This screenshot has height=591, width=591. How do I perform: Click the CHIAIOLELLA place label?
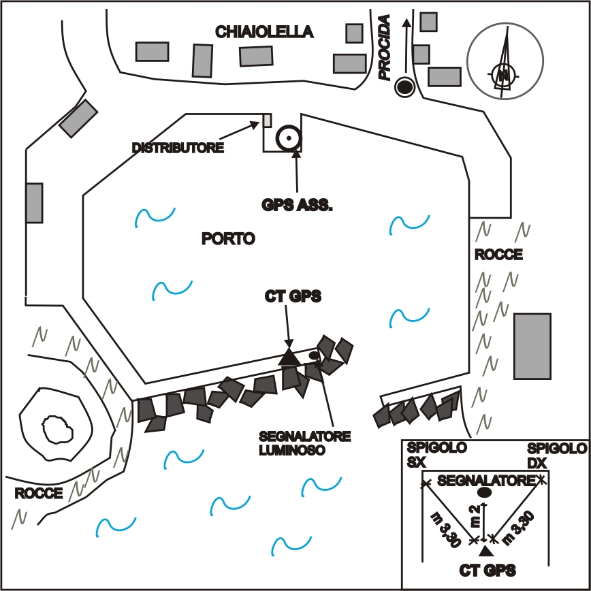point(264,31)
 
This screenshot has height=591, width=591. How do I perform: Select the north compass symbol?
point(505,62)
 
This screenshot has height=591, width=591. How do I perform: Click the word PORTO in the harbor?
point(228,238)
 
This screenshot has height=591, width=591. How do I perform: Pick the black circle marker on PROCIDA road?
point(405,86)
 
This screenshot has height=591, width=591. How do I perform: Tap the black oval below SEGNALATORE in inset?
point(485,492)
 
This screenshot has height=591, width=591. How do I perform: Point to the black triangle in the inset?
point(484,550)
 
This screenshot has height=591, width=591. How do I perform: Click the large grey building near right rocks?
point(532,346)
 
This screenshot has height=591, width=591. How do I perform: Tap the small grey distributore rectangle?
point(268,121)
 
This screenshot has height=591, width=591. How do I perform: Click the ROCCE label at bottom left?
point(39,493)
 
